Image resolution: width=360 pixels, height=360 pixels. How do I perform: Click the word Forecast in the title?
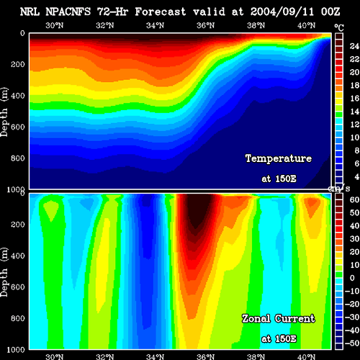[x=160, y=12]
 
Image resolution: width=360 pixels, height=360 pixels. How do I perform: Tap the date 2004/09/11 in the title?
[x=282, y=12]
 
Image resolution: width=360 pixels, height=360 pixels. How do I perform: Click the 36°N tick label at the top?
[x=206, y=25]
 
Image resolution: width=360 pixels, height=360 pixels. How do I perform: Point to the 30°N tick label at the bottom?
[x=55, y=356]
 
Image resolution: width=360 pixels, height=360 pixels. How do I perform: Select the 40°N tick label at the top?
[x=307, y=25]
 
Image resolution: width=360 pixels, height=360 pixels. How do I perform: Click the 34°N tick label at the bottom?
[x=156, y=356]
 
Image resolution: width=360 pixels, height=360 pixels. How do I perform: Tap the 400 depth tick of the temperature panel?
[x=18, y=96]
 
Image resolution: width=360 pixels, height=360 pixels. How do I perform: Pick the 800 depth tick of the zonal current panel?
[x=18, y=318]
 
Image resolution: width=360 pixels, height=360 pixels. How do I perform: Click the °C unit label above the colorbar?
[x=339, y=28]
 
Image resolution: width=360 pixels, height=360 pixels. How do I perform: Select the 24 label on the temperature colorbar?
[x=354, y=46]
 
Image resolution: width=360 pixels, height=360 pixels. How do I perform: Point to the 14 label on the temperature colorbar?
[x=354, y=111]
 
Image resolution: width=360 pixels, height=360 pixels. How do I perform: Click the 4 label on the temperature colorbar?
[x=357, y=176]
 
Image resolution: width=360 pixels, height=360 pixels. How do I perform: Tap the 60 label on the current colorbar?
[x=354, y=199]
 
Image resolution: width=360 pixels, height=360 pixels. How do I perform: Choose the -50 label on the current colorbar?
[x=352, y=343]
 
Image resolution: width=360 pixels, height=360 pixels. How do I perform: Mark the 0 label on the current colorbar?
[x=352, y=278]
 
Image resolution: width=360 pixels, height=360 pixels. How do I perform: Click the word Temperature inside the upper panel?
[x=279, y=158]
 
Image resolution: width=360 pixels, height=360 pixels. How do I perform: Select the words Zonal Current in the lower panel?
[x=279, y=318]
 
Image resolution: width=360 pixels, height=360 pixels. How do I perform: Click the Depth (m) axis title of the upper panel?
[x=4, y=112]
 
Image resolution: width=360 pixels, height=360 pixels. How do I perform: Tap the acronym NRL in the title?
[x=30, y=12]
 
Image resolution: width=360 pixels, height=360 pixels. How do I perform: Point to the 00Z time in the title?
[x=330, y=12]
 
